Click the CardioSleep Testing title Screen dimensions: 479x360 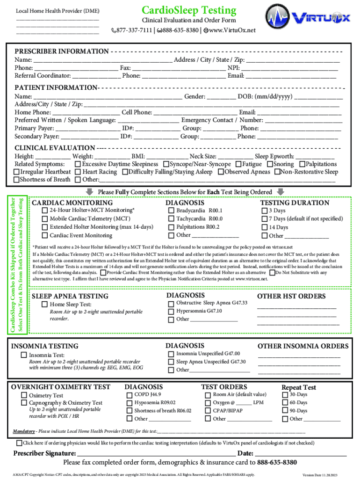189,10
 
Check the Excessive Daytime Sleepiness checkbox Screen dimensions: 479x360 78,164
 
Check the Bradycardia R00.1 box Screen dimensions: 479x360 171,211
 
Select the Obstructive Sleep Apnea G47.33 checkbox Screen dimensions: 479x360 171,303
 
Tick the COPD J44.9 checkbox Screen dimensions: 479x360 130,395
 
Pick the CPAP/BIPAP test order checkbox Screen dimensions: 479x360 209,410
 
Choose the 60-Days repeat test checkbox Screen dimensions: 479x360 285,403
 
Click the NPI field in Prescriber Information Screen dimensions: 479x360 289,67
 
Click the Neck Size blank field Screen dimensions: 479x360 235,157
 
